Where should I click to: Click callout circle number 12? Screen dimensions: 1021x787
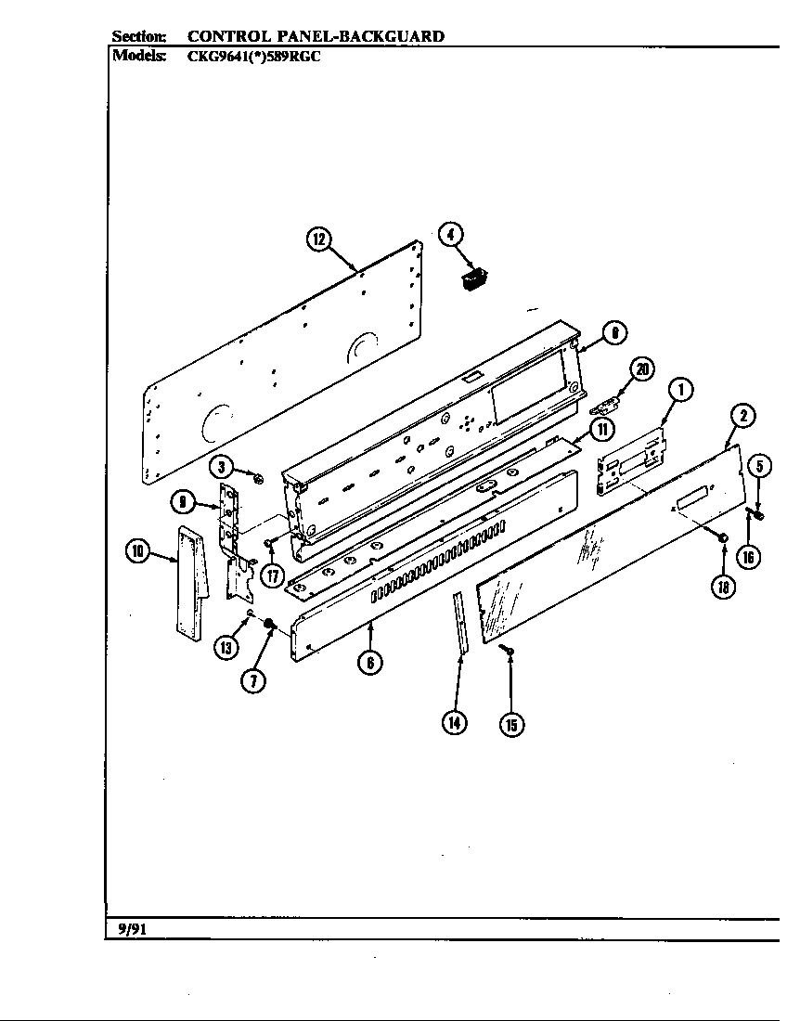[318, 239]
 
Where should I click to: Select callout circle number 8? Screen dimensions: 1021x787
[613, 332]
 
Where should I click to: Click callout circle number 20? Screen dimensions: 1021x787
[641, 369]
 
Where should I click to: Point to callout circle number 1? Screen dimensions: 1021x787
[680, 391]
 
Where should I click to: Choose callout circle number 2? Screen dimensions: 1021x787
[742, 417]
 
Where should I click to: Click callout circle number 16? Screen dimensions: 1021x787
[748, 556]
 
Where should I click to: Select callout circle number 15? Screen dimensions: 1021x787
[511, 723]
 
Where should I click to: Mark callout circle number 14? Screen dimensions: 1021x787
[454, 723]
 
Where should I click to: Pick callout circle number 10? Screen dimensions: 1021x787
[137, 552]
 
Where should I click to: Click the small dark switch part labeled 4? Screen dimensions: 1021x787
[474, 278]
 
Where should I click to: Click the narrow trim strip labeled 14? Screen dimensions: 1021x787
[460, 627]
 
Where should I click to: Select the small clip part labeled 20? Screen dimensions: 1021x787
[607, 404]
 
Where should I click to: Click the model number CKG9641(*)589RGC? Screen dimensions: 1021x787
[254, 55]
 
